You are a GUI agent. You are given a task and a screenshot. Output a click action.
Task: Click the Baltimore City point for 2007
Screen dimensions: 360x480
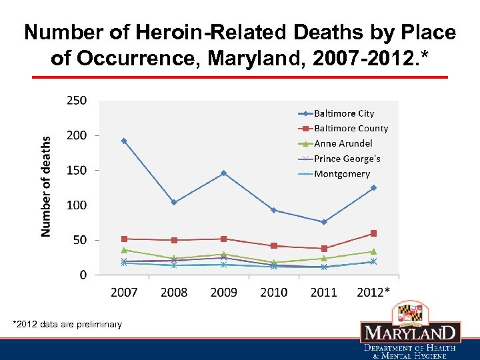[124, 141]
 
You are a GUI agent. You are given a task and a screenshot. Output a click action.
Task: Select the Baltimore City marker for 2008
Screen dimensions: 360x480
[174, 202]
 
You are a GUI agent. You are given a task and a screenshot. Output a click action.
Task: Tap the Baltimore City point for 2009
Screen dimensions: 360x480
[223, 173]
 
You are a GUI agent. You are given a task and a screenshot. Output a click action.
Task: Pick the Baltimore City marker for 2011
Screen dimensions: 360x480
[323, 222]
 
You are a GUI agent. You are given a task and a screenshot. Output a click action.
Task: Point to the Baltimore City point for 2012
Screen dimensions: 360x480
[373, 187]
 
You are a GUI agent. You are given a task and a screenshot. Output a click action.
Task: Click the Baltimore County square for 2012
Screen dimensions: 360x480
[373, 233]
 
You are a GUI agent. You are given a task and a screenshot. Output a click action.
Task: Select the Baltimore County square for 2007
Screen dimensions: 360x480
[124, 239]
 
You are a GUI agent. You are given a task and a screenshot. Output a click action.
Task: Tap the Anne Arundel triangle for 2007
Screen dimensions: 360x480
[124, 250]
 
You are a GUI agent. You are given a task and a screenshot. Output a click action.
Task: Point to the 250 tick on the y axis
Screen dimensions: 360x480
[76, 101]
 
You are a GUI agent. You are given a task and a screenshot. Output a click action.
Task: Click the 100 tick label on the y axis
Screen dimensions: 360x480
[76, 205]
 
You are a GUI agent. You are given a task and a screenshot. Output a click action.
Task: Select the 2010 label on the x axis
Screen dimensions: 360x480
[273, 292]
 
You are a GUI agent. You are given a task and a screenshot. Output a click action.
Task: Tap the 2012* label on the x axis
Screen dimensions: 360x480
[373, 292]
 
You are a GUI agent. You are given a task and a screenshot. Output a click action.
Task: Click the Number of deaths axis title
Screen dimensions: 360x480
[46, 186]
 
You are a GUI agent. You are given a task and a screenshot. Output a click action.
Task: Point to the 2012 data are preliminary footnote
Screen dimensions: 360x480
[67, 325]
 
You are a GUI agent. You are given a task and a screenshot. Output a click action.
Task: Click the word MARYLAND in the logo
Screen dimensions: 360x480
[410, 333]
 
